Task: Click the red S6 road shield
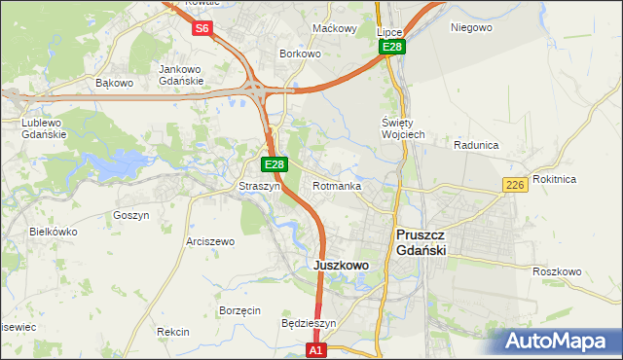click(202, 28)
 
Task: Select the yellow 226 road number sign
click(516, 185)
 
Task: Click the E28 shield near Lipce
click(391, 47)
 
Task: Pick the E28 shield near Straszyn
click(275, 165)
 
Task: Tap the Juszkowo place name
click(341, 265)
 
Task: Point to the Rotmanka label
click(338, 186)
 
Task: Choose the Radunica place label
click(476, 145)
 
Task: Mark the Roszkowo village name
click(558, 271)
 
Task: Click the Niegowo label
click(471, 27)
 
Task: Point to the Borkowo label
click(300, 54)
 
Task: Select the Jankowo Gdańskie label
click(180, 75)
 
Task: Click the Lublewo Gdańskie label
click(44, 128)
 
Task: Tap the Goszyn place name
click(130, 215)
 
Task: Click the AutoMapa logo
click(556, 341)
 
